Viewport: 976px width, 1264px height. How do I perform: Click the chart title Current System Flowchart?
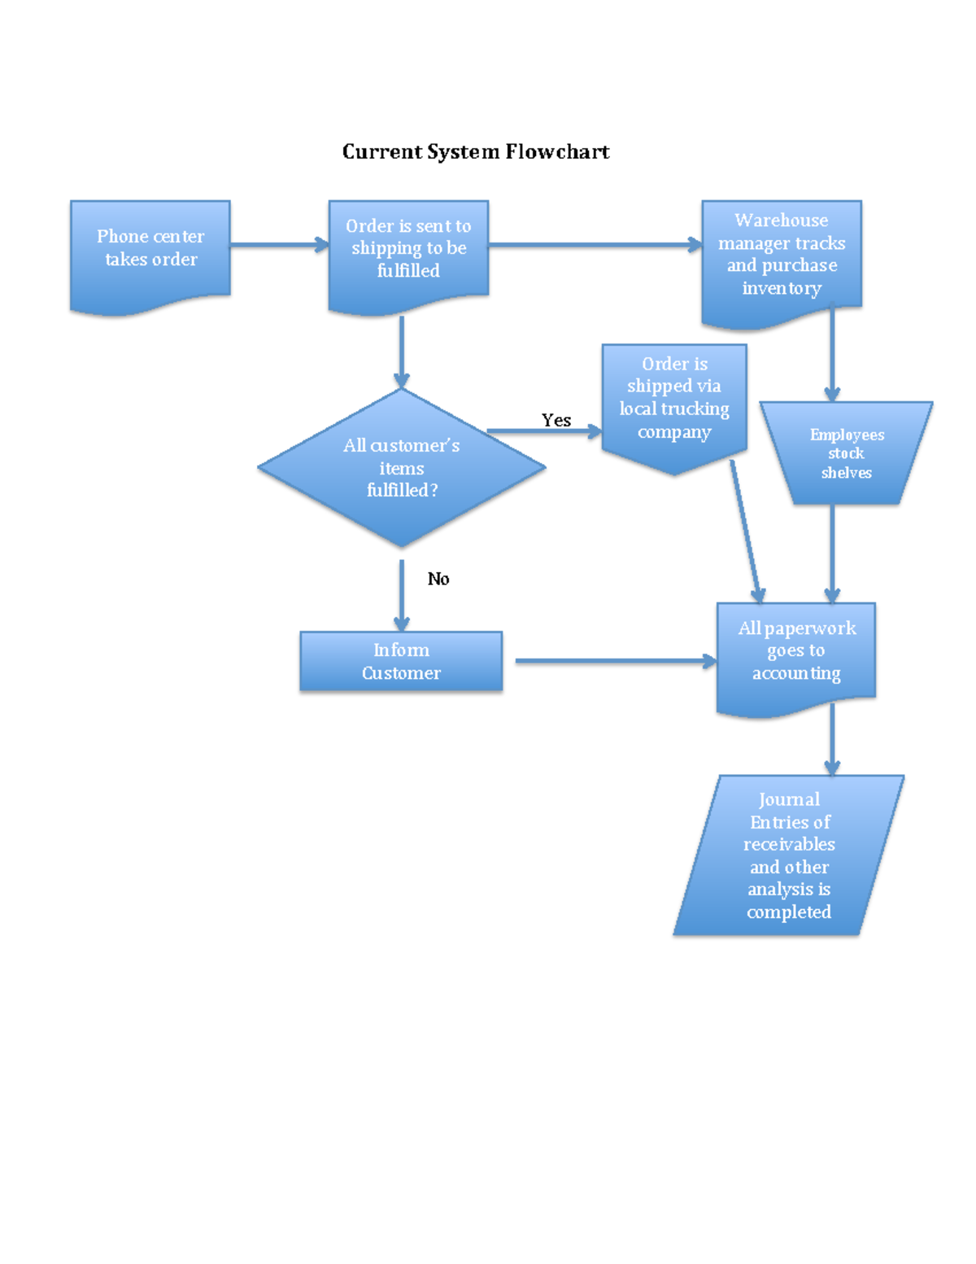tap(475, 152)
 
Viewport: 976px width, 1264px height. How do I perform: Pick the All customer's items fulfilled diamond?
tap(402, 468)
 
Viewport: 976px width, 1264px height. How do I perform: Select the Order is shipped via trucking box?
tap(674, 399)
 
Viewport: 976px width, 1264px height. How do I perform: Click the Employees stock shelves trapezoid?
tap(846, 453)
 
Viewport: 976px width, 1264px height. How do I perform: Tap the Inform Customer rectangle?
tap(401, 662)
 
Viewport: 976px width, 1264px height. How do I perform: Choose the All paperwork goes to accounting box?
tap(796, 651)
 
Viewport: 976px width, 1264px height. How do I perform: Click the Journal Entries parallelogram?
tap(789, 855)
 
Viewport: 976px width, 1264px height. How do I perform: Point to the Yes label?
tap(556, 420)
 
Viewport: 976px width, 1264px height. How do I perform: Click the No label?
tap(438, 579)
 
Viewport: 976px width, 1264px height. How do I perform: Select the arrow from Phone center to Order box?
tap(278, 244)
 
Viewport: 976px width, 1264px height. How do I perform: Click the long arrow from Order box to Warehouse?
tap(594, 244)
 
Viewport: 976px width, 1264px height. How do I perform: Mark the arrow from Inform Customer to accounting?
tap(614, 662)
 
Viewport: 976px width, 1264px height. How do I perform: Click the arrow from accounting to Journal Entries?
tap(832, 737)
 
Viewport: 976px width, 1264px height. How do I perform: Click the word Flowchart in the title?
tap(557, 152)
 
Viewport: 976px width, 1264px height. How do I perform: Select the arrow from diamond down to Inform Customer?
tap(402, 594)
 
